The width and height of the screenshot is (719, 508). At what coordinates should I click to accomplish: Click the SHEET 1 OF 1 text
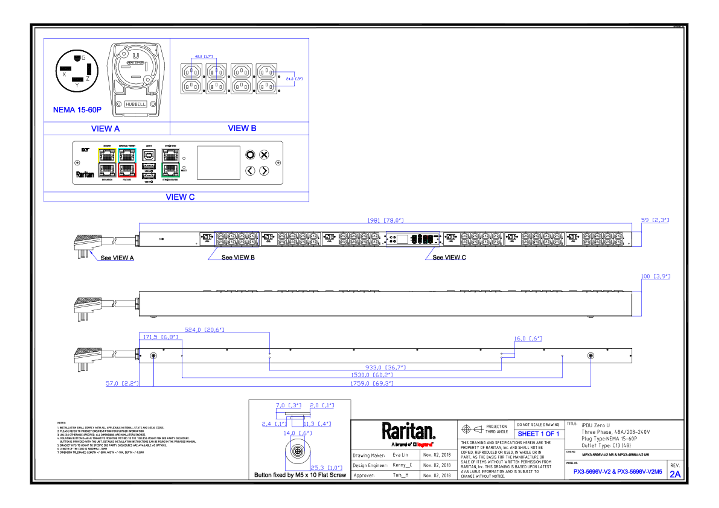(x=538, y=434)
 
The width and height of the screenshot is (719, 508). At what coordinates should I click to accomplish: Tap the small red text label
(x=425, y=444)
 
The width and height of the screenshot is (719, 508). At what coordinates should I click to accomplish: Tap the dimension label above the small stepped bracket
(x=528, y=338)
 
